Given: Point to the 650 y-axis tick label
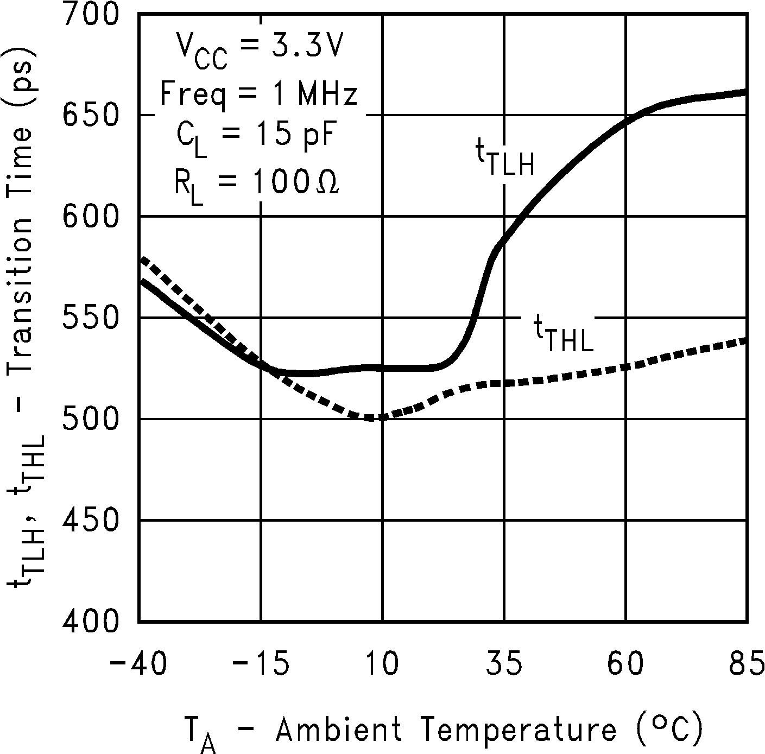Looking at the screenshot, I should (90, 115).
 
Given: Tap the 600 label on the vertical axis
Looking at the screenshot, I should (90, 216).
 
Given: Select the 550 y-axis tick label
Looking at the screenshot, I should (90, 318).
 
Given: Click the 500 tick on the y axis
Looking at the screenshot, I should (90, 419).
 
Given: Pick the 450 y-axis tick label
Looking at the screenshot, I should (90, 520).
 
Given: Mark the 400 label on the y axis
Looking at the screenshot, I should (90, 620).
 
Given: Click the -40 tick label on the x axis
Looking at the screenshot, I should (139, 664).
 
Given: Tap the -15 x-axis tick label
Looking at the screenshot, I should (261, 664).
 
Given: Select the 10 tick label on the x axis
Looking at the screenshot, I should (383, 664).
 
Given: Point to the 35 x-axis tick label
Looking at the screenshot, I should (504, 664).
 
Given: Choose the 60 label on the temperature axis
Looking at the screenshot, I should (626, 664).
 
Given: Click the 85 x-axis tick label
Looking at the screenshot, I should (747, 664).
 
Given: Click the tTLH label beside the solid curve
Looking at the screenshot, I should (505, 159).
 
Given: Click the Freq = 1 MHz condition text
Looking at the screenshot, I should (260, 94).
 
